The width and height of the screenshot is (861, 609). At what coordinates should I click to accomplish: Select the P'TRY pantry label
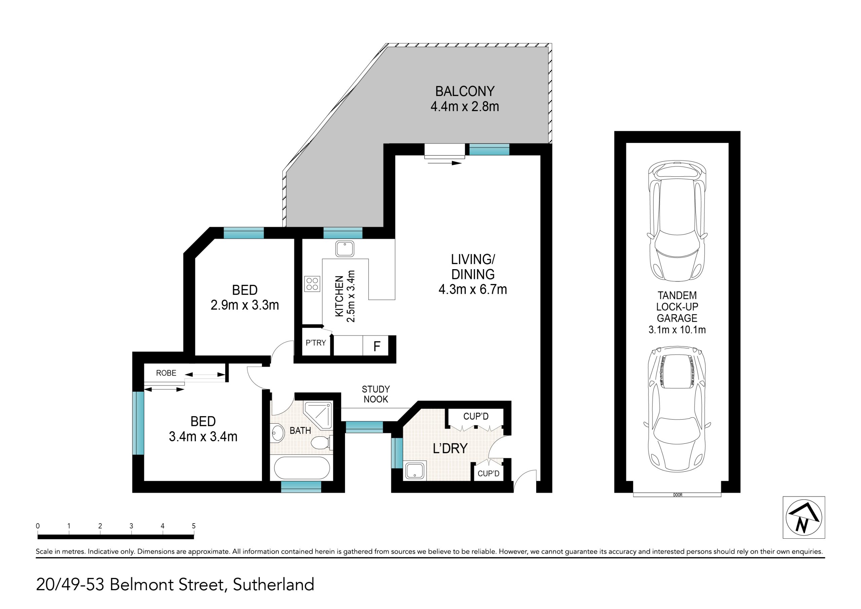coord(316,343)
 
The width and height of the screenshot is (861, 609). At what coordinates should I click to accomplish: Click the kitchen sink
coord(345,249)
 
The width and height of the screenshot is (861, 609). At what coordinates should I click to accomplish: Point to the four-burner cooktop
coord(312,284)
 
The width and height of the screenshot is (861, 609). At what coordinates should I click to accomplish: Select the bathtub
coord(302,468)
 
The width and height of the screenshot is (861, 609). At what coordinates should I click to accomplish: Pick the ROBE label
coord(166,373)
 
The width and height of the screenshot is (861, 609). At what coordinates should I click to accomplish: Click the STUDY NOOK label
coord(376,394)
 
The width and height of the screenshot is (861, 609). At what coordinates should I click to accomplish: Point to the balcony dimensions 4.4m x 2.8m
coord(464,107)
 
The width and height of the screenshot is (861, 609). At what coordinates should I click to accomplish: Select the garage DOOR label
coord(678,495)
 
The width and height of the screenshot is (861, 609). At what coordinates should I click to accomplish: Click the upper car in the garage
coord(677,221)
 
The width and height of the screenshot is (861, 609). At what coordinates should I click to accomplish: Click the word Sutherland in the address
coord(273,585)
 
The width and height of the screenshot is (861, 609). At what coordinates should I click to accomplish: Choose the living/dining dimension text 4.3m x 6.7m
coord(473,289)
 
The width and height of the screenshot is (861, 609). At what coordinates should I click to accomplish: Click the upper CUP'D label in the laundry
coord(476,416)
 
